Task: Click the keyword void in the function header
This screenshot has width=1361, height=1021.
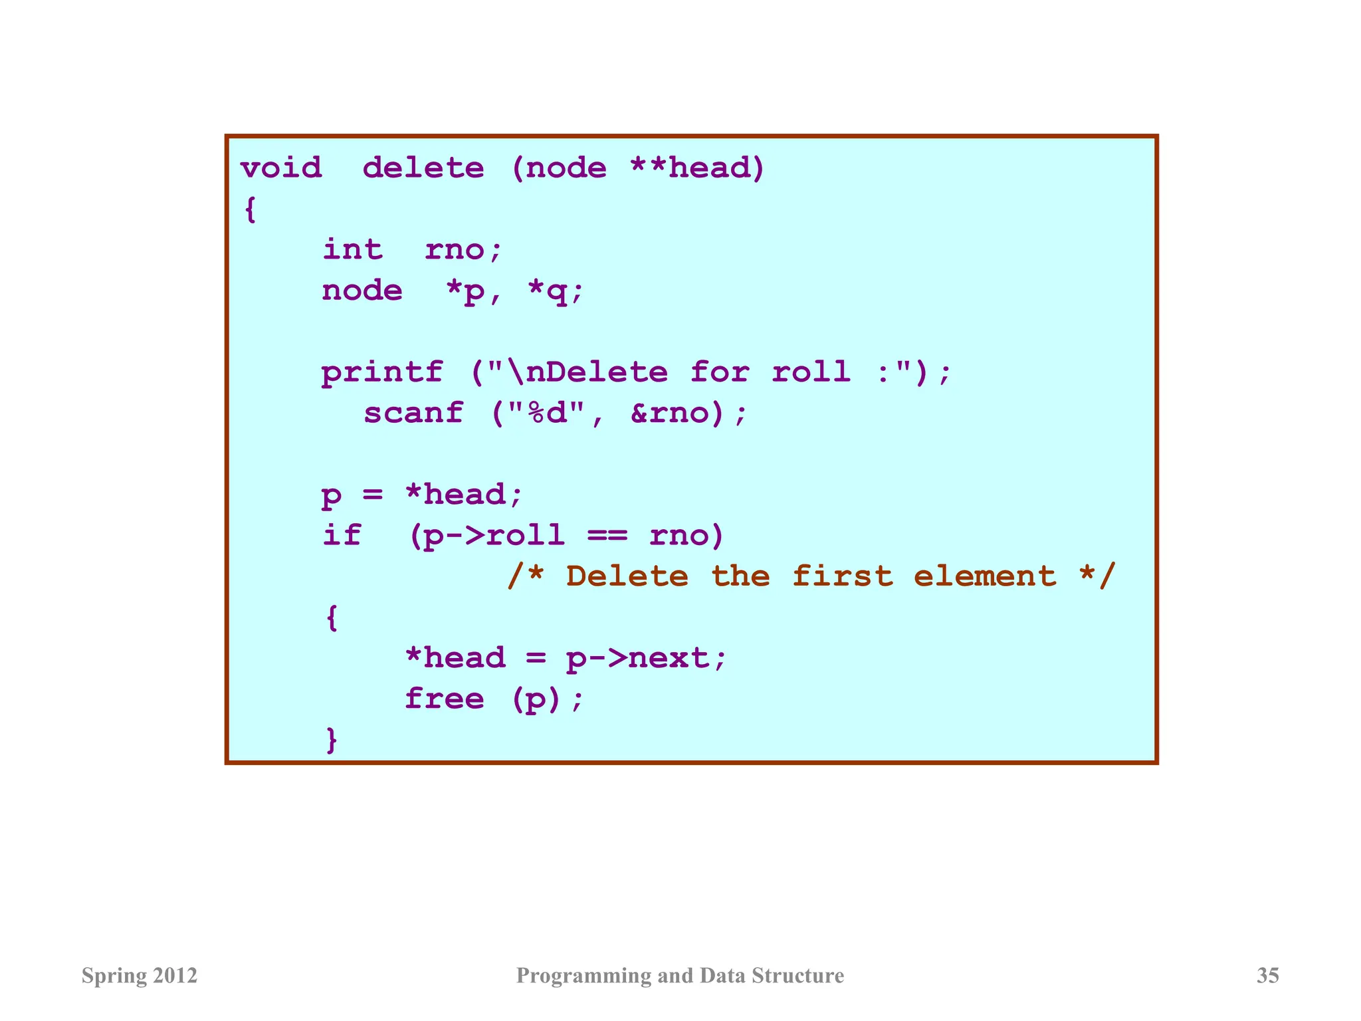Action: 281,168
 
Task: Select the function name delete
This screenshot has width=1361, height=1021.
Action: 423,168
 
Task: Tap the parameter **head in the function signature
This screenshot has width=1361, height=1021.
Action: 697,168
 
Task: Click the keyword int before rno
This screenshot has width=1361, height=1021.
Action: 352,249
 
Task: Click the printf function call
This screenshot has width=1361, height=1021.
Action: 382,372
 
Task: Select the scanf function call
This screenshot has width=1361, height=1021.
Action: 413,413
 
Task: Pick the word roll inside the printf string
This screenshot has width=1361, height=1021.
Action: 811,372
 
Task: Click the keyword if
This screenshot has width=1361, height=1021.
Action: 342,535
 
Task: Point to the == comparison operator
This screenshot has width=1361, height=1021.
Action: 607,535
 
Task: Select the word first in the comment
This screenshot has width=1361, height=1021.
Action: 842,576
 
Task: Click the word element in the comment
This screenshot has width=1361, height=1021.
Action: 985,576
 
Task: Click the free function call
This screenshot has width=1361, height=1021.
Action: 444,699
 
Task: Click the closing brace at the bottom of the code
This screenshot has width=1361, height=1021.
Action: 332,739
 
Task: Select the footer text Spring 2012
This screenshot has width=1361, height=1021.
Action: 140,975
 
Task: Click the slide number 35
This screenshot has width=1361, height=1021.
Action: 1267,975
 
